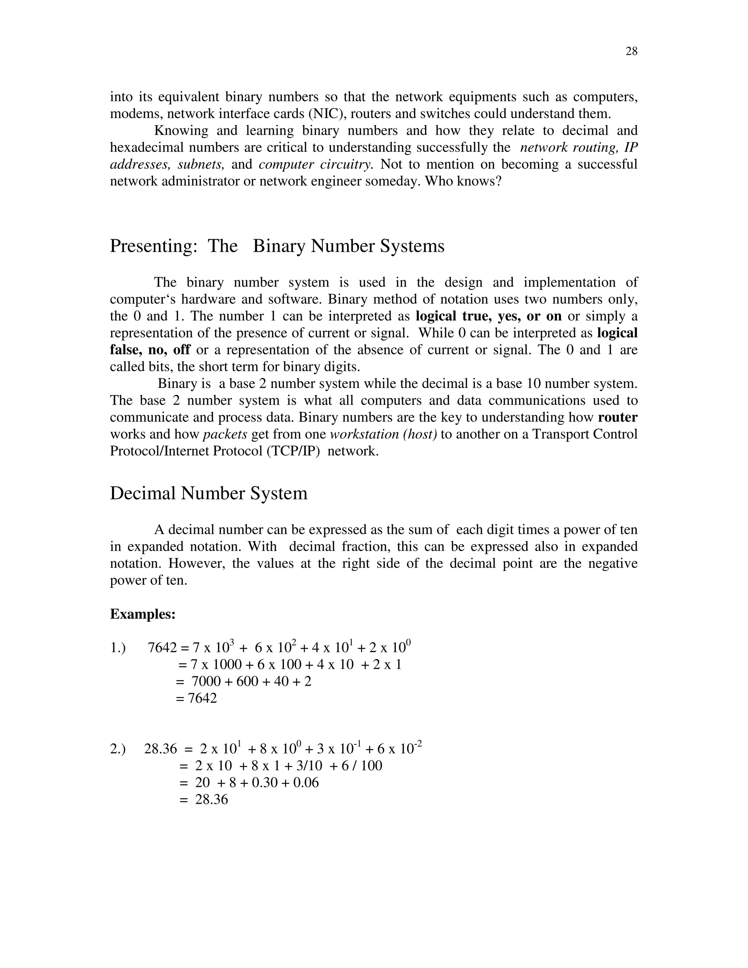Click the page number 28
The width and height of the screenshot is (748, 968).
pyautogui.click(x=631, y=52)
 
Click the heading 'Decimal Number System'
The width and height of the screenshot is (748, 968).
pyautogui.click(x=208, y=493)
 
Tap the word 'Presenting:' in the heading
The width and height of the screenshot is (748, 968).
pyautogui.click(x=153, y=246)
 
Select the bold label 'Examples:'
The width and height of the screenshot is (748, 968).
pyautogui.click(x=143, y=614)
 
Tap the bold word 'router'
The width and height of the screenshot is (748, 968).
pyautogui.click(x=617, y=417)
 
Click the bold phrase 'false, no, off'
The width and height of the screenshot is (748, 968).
pyautogui.click(x=150, y=350)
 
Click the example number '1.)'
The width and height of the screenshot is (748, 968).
pyautogui.click(x=118, y=648)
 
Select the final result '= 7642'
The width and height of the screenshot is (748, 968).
pyautogui.click(x=196, y=698)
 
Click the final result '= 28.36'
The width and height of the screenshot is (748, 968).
pyautogui.click(x=203, y=800)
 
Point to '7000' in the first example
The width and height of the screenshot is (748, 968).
pyautogui.click(x=206, y=682)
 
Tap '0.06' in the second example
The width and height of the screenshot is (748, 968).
pyautogui.click(x=306, y=783)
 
